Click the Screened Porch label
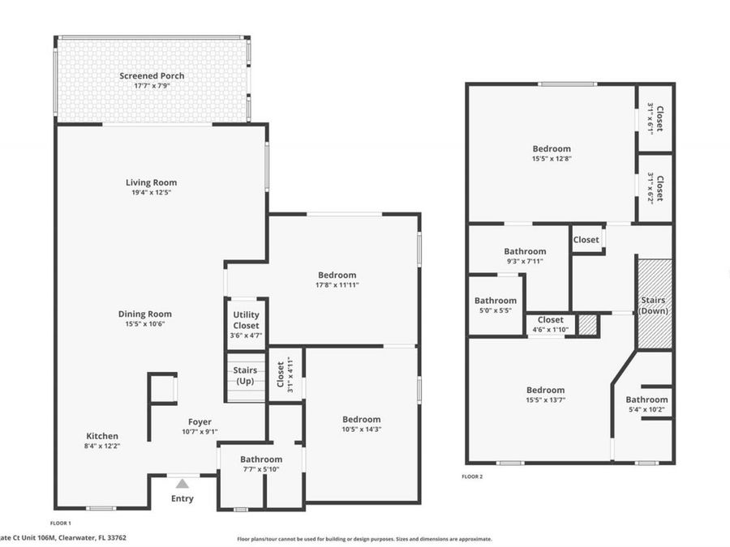coord(152,76)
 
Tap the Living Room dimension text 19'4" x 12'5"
coord(151,193)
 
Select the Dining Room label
coord(145,314)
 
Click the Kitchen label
coord(102,436)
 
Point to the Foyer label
coord(200,421)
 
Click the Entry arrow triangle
coord(182,484)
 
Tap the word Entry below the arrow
coord(182,498)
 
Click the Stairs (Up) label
coord(245,375)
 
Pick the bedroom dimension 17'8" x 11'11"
coord(337,285)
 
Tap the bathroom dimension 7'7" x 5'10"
coord(260,470)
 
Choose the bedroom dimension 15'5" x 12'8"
coord(552,159)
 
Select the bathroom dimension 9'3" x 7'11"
coord(525,261)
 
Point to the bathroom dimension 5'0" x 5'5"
coord(496,310)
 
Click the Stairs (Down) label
coord(653,306)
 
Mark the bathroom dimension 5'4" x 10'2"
coord(646,409)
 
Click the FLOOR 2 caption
coord(472,476)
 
